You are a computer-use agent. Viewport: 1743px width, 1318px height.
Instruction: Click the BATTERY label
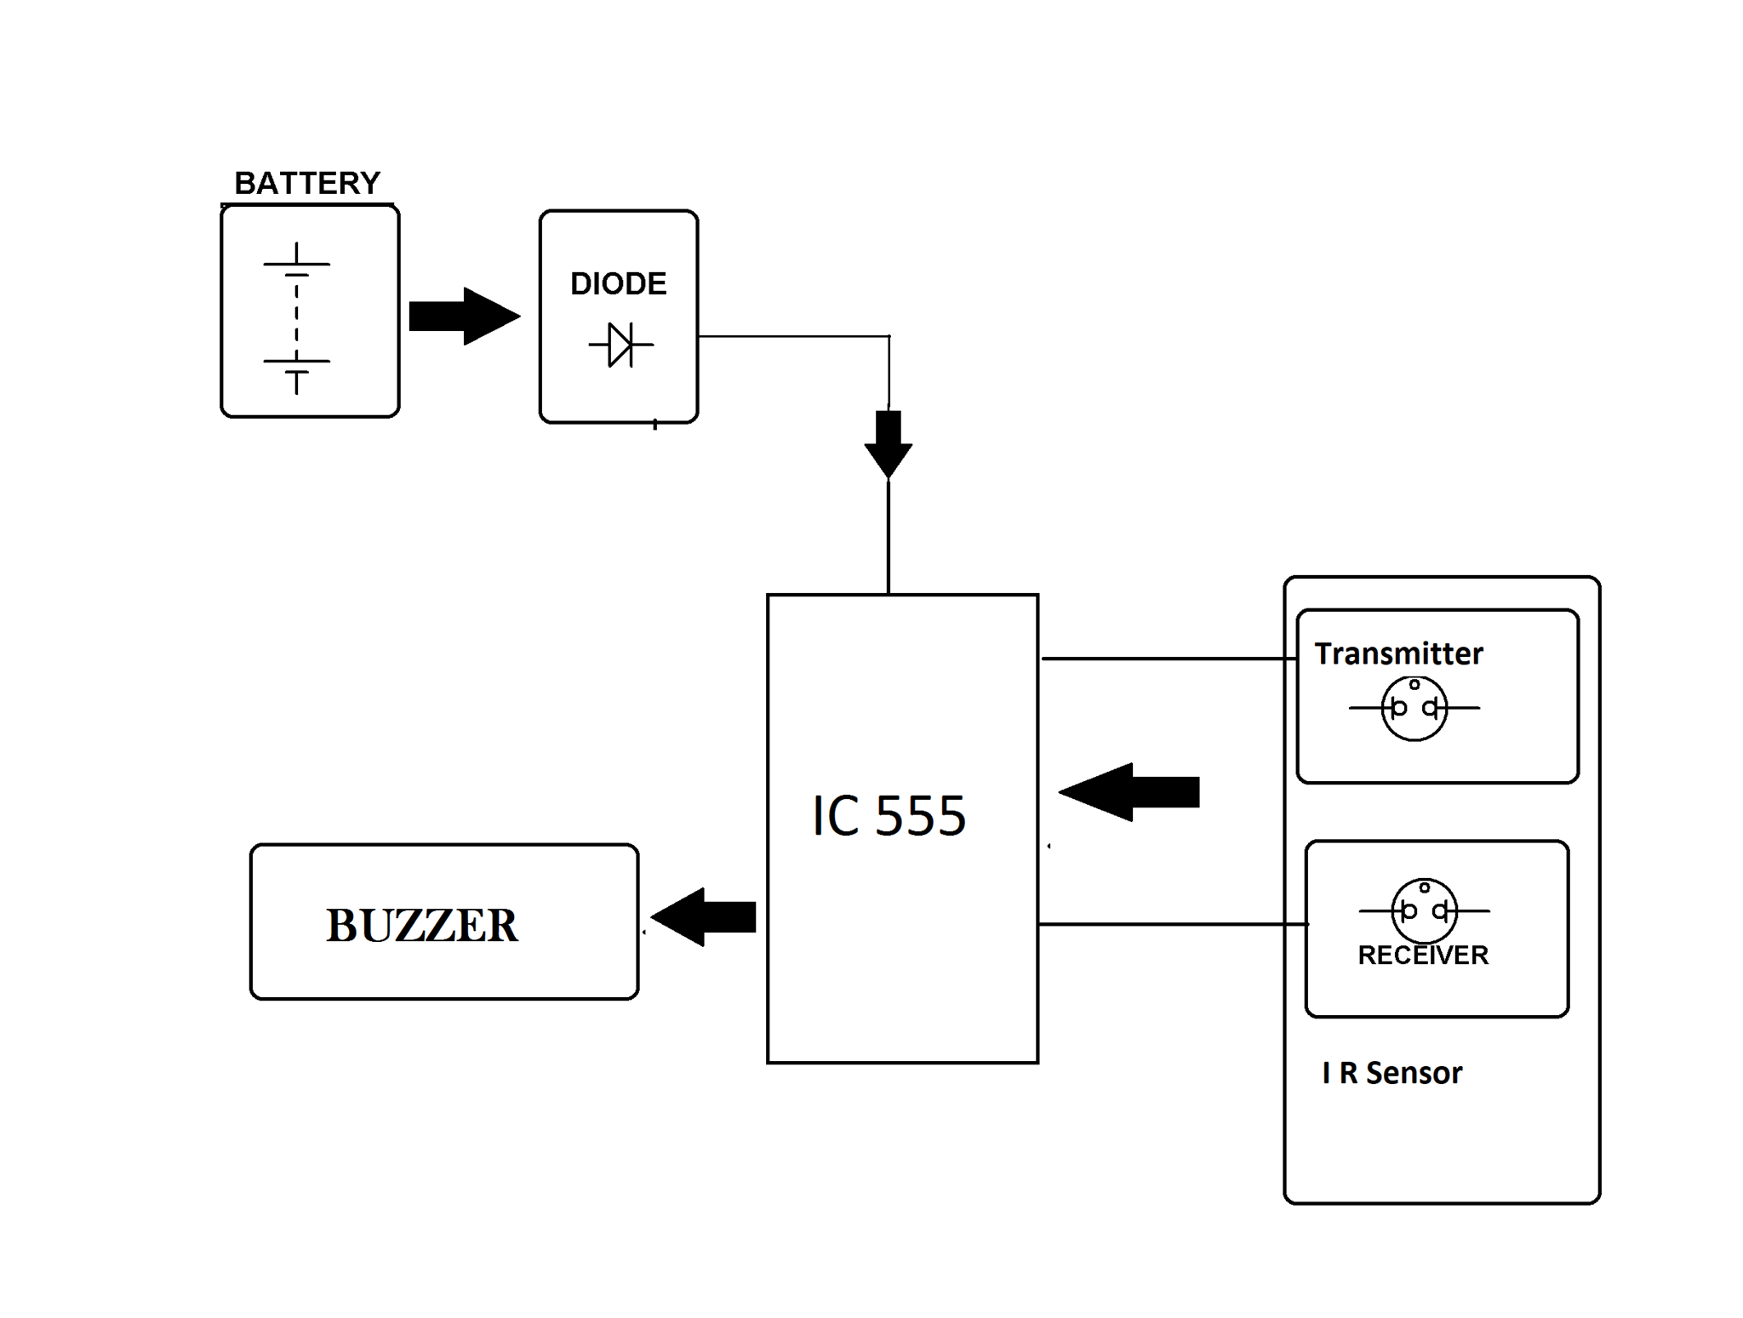click(x=306, y=183)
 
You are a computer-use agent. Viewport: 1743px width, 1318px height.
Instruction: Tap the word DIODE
click(x=618, y=283)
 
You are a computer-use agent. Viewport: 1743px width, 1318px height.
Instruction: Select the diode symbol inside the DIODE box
click(x=621, y=345)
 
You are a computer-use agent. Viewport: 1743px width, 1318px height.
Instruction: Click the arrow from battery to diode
click(x=464, y=317)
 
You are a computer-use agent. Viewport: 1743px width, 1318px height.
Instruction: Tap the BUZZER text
click(x=421, y=925)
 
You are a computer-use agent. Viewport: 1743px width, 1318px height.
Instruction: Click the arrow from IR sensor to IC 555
click(x=1130, y=791)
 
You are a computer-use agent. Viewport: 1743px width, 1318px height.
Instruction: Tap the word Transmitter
click(x=1398, y=653)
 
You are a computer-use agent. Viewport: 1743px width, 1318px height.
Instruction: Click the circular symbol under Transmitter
click(x=1414, y=708)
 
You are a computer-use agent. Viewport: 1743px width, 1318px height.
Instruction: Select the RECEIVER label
click(x=1422, y=955)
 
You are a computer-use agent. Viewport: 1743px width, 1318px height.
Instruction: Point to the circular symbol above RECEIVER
click(x=1423, y=910)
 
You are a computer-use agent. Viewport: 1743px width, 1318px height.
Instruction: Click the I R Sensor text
click(x=1392, y=1072)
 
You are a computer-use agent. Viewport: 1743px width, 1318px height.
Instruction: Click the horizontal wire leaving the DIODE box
click(x=791, y=336)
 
